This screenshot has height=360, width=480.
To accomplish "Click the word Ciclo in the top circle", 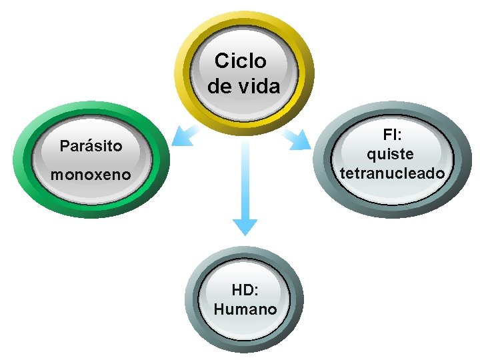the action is pyautogui.click(x=240, y=61).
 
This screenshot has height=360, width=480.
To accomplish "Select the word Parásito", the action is pyautogui.click(x=91, y=145).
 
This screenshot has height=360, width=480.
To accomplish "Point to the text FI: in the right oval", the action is pyautogui.click(x=392, y=135).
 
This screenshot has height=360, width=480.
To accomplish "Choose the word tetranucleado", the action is pyautogui.click(x=392, y=173).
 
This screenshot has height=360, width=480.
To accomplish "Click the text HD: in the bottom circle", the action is pyautogui.click(x=245, y=290).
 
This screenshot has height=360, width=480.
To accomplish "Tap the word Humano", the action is pyautogui.click(x=245, y=310).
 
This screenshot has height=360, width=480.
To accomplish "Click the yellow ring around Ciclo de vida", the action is pyautogui.click(x=183, y=67).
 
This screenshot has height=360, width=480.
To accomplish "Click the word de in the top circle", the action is pyautogui.click(x=221, y=87).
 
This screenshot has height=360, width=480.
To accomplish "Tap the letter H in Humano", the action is pyautogui.click(x=220, y=310).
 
